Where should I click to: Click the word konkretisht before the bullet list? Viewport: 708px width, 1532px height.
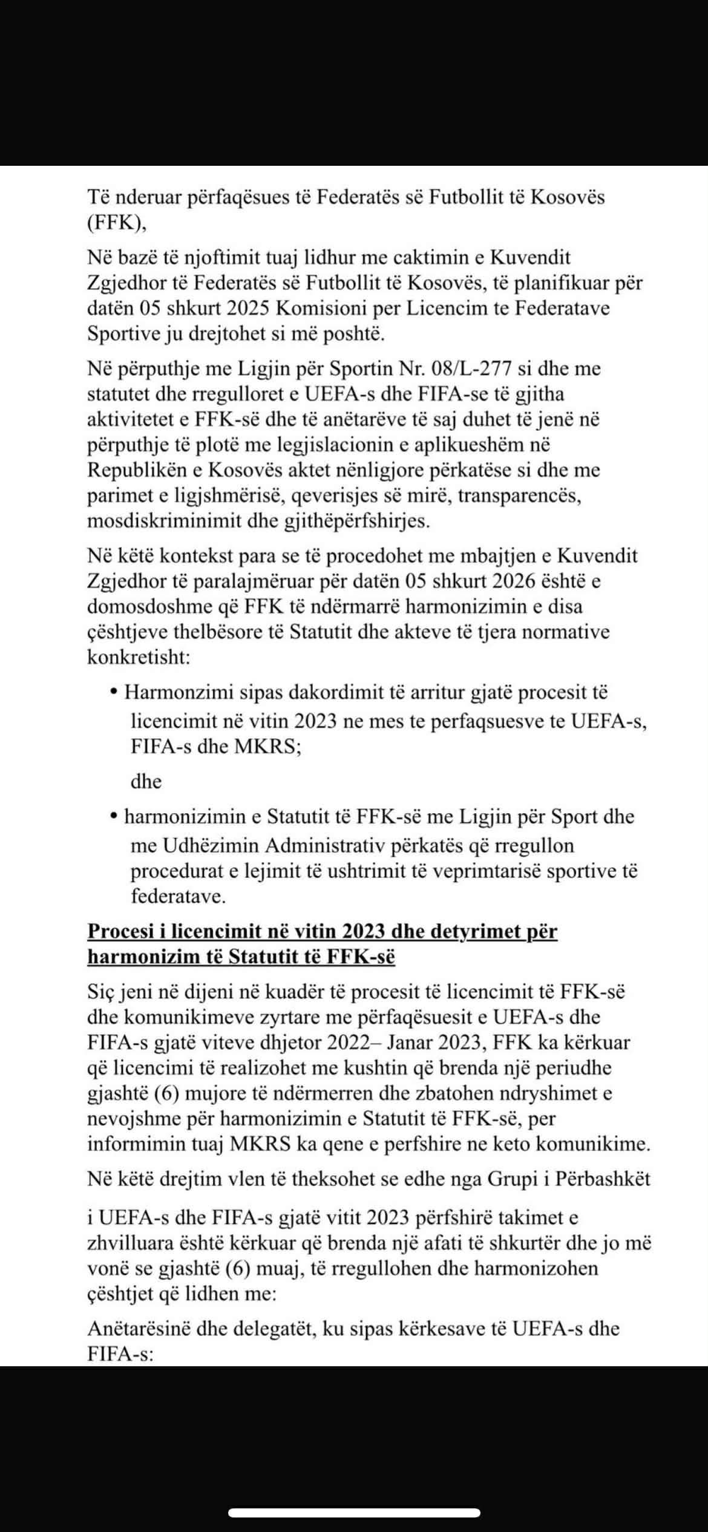pyautogui.click(x=139, y=658)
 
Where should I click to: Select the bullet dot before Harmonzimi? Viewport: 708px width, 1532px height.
pyautogui.click(x=114, y=693)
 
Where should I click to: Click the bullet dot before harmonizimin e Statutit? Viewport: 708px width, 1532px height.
pyautogui.click(x=114, y=817)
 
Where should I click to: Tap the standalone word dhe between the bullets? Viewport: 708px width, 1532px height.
pyautogui.click(x=146, y=782)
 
